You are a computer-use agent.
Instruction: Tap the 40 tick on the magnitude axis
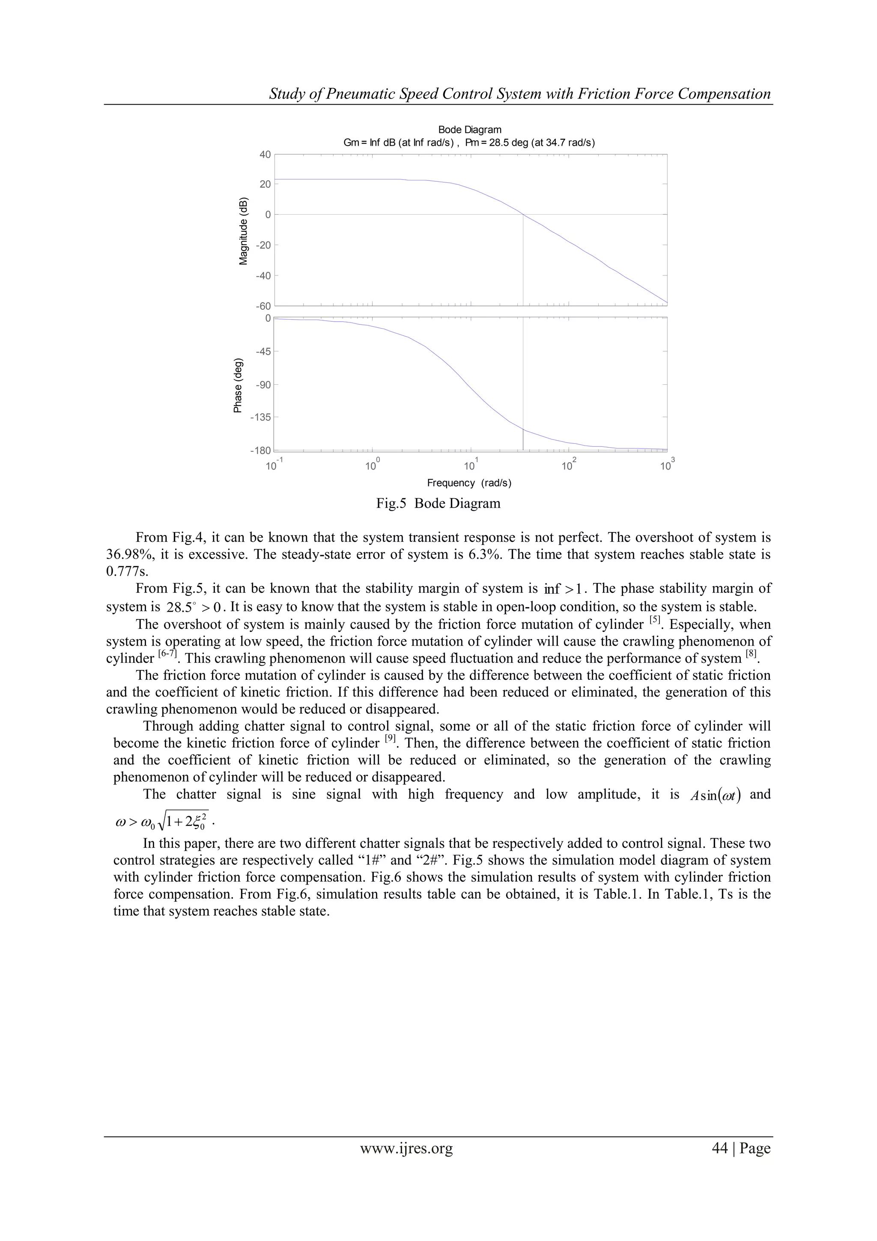point(265,155)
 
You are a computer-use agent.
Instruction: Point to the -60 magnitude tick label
point(263,306)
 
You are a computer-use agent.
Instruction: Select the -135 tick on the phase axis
point(260,417)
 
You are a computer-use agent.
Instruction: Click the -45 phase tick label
point(263,351)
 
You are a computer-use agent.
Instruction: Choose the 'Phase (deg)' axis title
point(238,385)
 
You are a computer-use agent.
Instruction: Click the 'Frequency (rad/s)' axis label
point(469,483)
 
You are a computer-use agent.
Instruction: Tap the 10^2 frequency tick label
point(567,465)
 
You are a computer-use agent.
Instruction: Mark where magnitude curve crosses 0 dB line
point(523,215)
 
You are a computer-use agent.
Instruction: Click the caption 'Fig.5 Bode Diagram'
point(438,503)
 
